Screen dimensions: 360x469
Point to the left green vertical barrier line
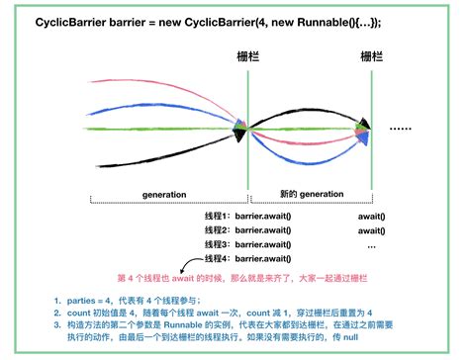click(248, 148)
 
